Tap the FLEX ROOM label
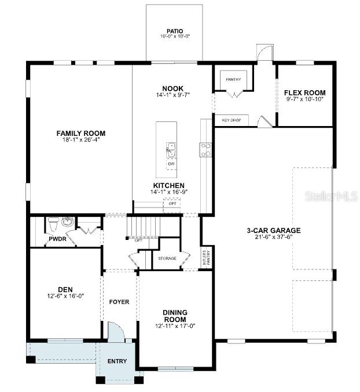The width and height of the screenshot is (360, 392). coord(304,93)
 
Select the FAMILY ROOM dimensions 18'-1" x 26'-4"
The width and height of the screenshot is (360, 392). coord(80,140)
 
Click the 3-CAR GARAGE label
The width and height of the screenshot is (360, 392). coord(274,230)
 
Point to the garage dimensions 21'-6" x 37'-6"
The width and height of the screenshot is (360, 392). coord(274,237)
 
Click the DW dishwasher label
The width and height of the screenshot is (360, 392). coord(171,164)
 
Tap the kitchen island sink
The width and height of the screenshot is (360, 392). coord(171,150)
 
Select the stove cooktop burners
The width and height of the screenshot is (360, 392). coord(205,150)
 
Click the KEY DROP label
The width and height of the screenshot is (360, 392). coord(232,120)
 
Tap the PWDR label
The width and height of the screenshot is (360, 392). coord(57,238)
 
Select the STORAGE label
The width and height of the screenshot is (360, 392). coord(168,258)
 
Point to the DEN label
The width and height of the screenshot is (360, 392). coord(65,290)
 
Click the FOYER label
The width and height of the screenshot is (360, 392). coord(119,302)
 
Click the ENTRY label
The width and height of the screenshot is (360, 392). coord(117,361)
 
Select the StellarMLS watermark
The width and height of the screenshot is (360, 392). coord(330,197)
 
